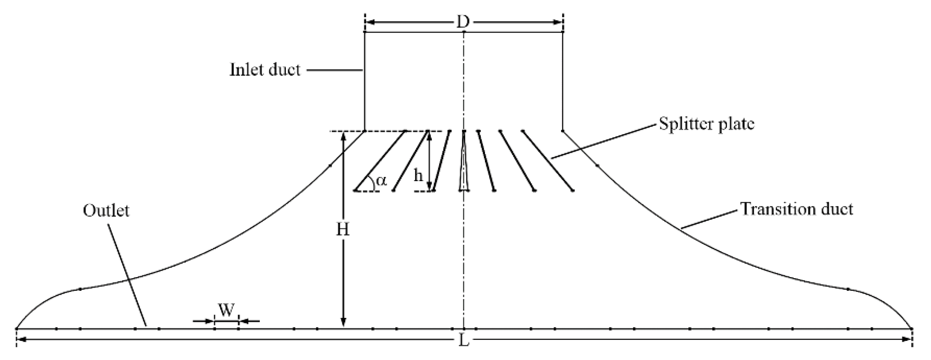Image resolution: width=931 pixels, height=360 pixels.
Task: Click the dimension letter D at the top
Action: pos(463,22)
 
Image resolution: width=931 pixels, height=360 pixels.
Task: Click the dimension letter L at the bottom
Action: pos(464,340)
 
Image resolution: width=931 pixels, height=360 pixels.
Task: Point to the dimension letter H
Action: pos(343,230)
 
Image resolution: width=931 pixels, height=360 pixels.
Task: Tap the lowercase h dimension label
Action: pos(418,176)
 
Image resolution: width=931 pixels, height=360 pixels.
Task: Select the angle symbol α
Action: pos(381,180)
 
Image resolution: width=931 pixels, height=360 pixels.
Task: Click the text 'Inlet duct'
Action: pos(265,70)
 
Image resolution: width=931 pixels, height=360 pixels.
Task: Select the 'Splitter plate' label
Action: pos(707,124)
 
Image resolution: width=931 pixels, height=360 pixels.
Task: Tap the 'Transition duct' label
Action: pos(797,209)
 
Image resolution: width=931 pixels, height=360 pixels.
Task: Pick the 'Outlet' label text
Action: pos(106,211)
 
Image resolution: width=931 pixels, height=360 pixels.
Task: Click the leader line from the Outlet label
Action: pos(127,275)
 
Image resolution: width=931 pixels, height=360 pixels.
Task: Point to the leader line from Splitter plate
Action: pos(604,141)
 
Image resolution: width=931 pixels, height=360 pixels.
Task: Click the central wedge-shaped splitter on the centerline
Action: pos(464,168)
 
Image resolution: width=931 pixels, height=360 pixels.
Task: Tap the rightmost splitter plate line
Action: pos(548,161)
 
